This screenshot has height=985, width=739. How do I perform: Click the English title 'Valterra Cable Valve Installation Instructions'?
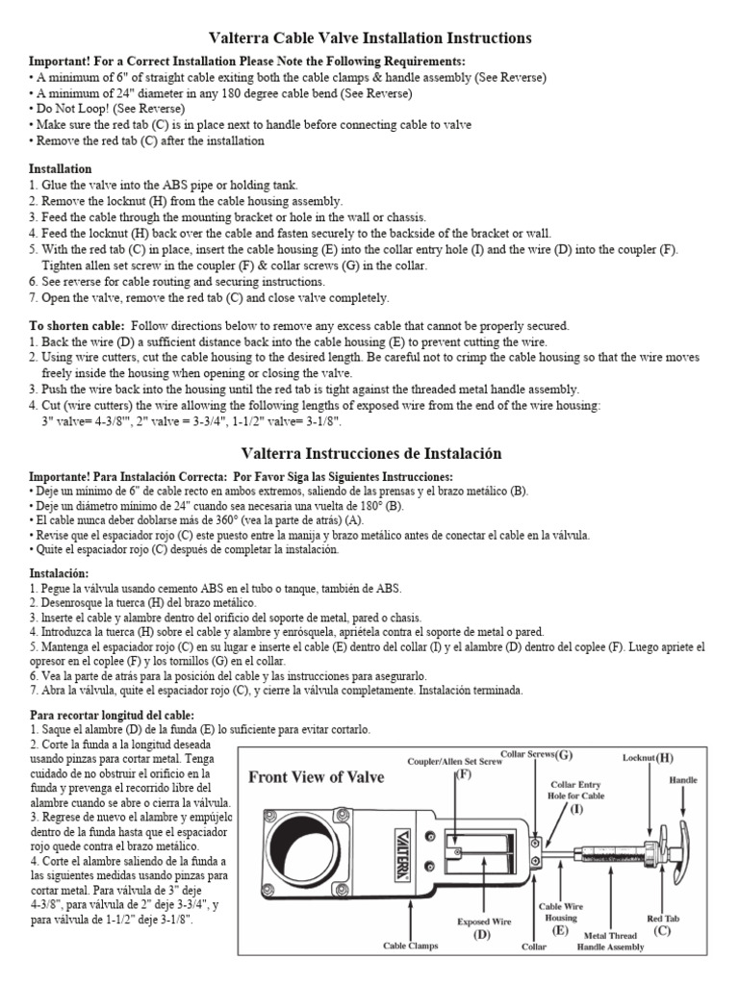(x=369, y=38)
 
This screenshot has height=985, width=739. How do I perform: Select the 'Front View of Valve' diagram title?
(x=317, y=777)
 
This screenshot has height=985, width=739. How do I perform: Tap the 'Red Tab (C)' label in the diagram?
(x=661, y=924)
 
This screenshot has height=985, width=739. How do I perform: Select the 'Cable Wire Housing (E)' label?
(x=560, y=918)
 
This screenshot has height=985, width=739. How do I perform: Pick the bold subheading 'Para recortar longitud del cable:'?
(x=112, y=715)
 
